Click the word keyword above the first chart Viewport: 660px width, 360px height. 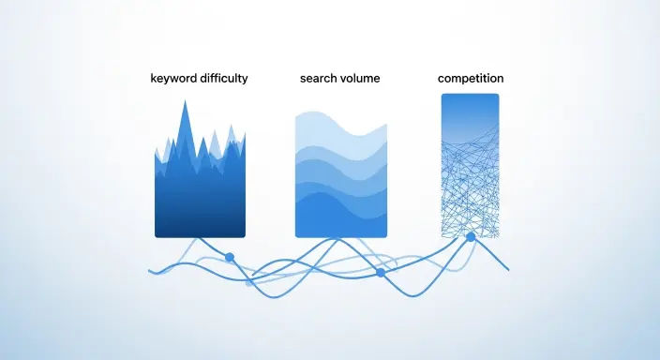[x=173, y=79]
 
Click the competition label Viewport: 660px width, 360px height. [x=470, y=79]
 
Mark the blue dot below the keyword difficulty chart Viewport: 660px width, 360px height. [x=230, y=257]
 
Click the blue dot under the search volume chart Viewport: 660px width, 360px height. [x=381, y=272]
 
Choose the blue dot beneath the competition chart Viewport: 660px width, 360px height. [x=471, y=238]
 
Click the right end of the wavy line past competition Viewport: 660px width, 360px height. [x=508, y=270]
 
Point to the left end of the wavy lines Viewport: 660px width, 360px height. [x=150, y=271]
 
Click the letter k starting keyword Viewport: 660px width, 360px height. [x=154, y=79]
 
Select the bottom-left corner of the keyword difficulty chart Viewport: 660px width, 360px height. [x=157, y=235]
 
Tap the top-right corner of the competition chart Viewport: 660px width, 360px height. [x=497, y=96]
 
